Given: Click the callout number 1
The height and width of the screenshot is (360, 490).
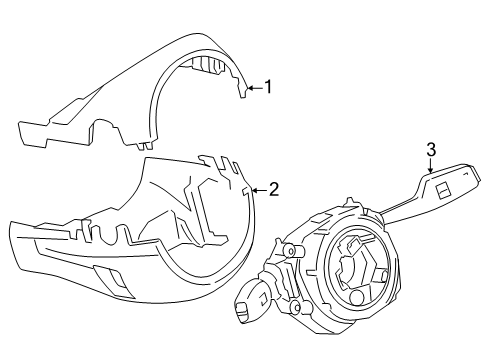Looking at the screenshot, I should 267,87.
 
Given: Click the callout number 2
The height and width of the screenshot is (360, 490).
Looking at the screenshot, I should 273,187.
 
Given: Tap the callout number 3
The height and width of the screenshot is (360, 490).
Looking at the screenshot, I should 431,150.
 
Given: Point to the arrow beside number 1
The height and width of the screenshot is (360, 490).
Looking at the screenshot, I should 253,87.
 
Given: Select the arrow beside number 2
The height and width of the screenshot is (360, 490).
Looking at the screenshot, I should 258,187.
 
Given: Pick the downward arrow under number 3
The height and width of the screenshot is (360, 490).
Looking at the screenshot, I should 431,167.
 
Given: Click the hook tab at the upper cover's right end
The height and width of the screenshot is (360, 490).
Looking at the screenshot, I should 243,93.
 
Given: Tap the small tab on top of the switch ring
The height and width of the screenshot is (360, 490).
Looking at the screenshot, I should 345,201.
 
